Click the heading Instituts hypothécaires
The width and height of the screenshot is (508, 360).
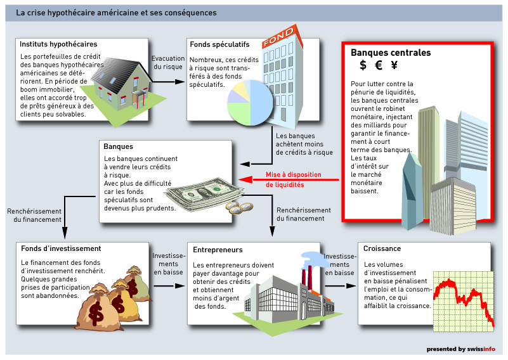(58, 44)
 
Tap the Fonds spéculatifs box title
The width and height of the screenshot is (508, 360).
(219, 44)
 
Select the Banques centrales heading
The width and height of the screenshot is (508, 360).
(391, 53)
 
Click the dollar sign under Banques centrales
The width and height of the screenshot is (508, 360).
(363, 65)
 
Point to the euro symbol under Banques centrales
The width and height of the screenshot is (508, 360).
(379, 65)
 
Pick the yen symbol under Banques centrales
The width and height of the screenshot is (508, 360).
(394, 65)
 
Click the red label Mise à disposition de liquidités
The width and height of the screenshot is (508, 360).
(294, 179)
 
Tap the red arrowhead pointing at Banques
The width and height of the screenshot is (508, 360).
(245, 179)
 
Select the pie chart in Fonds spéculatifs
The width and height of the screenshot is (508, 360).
(251, 103)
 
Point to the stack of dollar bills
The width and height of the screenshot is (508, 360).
(204, 195)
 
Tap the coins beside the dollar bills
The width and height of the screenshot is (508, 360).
(240, 208)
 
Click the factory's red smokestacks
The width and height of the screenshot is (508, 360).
(306, 275)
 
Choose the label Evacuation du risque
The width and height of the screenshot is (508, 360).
(168, 63)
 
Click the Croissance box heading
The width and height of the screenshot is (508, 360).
(382, 248)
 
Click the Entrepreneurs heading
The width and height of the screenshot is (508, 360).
(218, 250)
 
